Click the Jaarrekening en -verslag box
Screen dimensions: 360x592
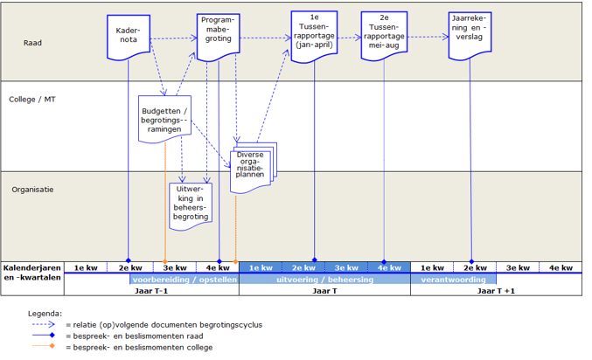[471, 33]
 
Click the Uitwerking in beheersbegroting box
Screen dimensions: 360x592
[190, 204]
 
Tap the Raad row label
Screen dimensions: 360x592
[32, 41]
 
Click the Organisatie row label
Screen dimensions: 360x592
[32, 189]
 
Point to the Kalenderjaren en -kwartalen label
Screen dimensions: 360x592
[32, 273]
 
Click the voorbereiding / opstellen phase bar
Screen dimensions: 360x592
[184, 280]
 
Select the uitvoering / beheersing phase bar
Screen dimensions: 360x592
[324, 280]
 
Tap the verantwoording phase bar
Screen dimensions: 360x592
[453, 280]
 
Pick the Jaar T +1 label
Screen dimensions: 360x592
[496, 290]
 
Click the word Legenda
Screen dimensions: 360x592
[45, 312]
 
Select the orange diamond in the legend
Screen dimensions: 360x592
[52, 347]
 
